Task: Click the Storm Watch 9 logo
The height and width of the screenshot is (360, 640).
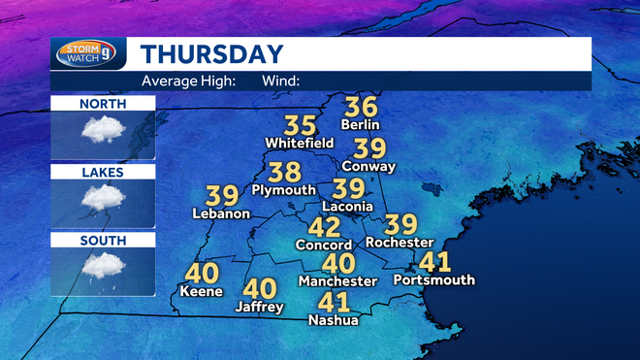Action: tap(88, 53)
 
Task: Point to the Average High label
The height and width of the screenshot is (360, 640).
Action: tap(188, 81)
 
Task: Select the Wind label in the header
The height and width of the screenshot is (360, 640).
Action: tap(280, 81)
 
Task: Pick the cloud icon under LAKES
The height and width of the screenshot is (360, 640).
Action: tap(102, 197)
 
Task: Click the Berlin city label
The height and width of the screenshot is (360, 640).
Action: tap(360, 124)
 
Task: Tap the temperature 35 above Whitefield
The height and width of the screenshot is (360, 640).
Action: tap(301, 125)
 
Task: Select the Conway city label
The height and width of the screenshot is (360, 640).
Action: tap(369, 166)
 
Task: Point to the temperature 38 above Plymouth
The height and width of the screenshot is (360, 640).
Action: tap(285, 173)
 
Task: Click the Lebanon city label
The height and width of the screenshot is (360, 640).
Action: tap(222, 213)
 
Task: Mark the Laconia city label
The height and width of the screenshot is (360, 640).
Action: tap(347, 207)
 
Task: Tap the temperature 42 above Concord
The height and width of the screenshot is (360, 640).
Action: tap(324, 228)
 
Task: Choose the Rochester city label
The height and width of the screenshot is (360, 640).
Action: tap(399, 243)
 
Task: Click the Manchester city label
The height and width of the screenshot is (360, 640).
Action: tap(337, 281)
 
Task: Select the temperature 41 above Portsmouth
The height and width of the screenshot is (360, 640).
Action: tap(434, 262)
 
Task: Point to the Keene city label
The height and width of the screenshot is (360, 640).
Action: tap(202, 291)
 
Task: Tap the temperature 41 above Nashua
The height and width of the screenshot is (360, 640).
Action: tap(334, 302)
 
